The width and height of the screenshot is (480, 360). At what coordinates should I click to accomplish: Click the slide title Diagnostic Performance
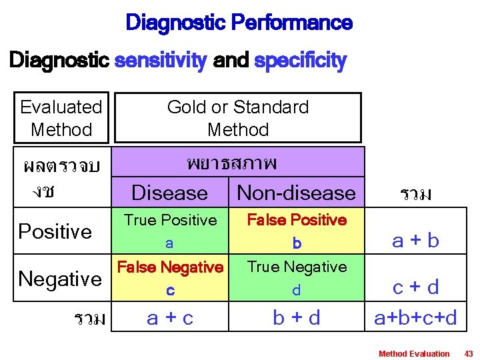(x=239, y=23)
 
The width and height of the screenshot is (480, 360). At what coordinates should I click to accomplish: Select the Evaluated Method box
(x=61, y=118)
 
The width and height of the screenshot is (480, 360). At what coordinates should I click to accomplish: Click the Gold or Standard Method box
(x=238, y=118)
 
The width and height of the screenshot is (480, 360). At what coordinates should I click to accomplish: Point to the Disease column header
(x=170, y=193)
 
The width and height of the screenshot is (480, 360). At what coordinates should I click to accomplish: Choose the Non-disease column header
(x=297, y=193)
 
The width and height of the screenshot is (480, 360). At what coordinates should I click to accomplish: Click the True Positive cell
(x=171, y=231)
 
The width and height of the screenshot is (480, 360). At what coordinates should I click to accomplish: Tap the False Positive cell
(x=297, y=231)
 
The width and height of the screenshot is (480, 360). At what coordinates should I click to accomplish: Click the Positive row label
(x=55, y=231)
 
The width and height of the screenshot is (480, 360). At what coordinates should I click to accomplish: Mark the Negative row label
(x=60, y=278)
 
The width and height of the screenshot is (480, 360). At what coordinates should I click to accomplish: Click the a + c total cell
(x=170, y=318)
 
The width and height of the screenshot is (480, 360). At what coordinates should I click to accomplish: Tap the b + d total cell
(x=297, y=318)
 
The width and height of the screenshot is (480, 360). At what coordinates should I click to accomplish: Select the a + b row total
(x=416, y=240)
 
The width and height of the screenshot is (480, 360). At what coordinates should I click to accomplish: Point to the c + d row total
(x=416, y=287)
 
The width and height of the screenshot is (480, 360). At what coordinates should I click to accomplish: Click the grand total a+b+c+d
(x=416, y=318)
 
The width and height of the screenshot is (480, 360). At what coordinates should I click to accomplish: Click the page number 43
(x=468, y=353)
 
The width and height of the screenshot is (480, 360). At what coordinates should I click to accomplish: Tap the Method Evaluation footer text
(x=414, y=353)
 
